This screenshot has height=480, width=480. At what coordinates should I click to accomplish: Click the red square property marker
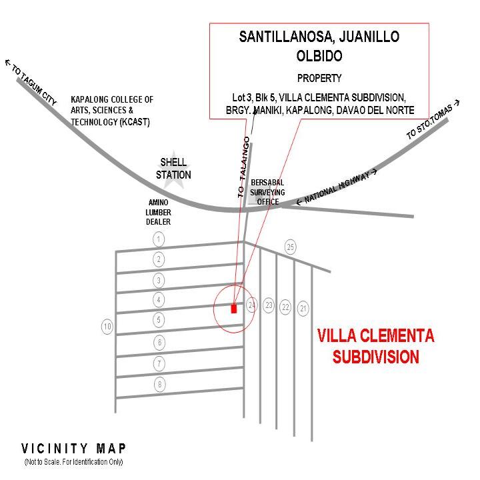(x=234, y=308)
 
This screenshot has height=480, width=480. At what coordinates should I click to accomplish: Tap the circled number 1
(x=159, y=239)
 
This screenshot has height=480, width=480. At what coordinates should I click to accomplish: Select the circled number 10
(x=107, y=327)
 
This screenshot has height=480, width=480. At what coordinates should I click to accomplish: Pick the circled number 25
(x=290, y=247)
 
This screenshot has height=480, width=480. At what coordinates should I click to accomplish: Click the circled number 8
(x=159, y=384)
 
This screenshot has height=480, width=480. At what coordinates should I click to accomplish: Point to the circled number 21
(x=303, y=308)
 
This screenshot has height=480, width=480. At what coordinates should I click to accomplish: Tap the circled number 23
(x=269, y=305)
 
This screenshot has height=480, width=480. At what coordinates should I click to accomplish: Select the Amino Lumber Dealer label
(x=158, y=212)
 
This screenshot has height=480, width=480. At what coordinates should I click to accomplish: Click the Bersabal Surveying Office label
(x=267, y=192)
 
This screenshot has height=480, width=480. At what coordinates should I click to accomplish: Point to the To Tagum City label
(x=31, y=82)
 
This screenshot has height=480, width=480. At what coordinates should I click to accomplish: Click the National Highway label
(x=337, y=187)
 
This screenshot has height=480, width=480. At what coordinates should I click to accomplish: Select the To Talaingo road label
(x=244, y=167)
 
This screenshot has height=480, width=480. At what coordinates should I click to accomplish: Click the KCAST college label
(x=112, y=111)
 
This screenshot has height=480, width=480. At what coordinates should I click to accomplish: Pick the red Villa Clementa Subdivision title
(x=375, y=346)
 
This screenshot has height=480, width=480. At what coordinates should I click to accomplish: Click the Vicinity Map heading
(x=73, y=449)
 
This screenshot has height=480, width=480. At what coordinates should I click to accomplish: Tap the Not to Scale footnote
(x=73, y=461)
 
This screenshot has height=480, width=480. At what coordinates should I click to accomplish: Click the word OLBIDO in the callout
(x=319, y=56)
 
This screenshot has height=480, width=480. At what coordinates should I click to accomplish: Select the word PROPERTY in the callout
(x=319, y=79)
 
